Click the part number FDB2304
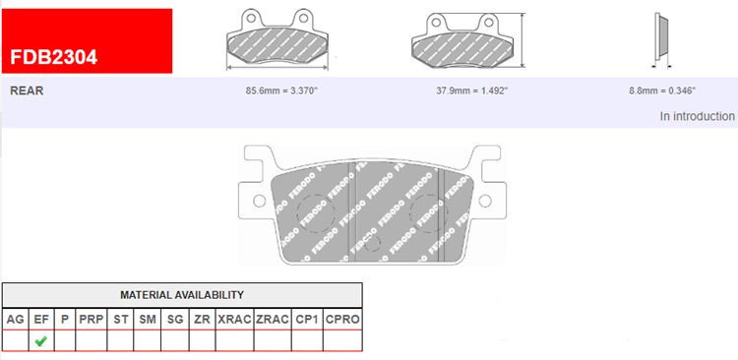pos(54,57)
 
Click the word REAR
pos(27,90)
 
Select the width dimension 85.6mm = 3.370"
pos(282,90)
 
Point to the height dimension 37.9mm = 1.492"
pos(472,90)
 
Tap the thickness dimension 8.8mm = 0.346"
pos(662,90)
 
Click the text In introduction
pos(697,116)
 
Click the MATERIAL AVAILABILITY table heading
pos(182,295)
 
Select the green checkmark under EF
pos(41,340)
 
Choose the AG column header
pos(15,320)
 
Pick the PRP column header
pos(92,320)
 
